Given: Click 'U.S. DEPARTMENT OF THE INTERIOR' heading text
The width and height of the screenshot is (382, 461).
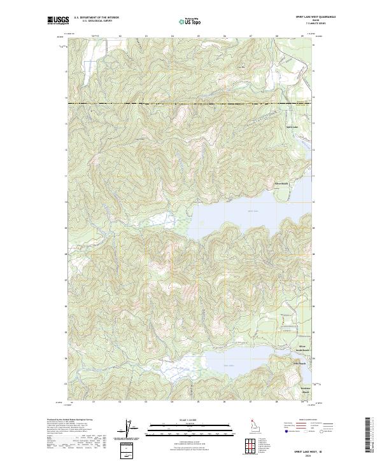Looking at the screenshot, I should (96, 17).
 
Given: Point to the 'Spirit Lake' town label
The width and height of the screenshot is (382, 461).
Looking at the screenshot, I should (291, 127).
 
